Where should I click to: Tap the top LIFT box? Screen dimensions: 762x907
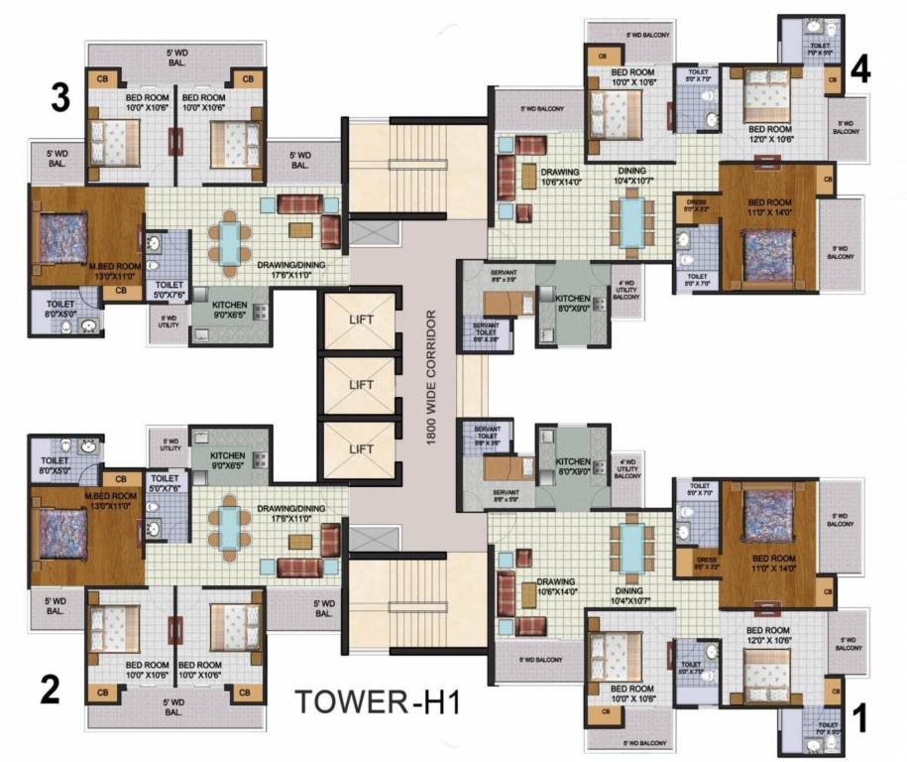pos(362,320)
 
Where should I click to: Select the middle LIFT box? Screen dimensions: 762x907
pos(362,385)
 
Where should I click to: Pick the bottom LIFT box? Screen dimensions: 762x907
pos(362,447)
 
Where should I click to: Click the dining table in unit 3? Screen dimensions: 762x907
pos(229,241)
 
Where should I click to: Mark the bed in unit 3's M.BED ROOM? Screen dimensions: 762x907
pos(65,238)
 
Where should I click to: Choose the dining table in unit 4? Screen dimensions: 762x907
pos(630,223)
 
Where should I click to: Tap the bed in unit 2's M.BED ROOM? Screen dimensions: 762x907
pos(65,532)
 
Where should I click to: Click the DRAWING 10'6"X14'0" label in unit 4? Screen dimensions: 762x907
pos(532,177)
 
